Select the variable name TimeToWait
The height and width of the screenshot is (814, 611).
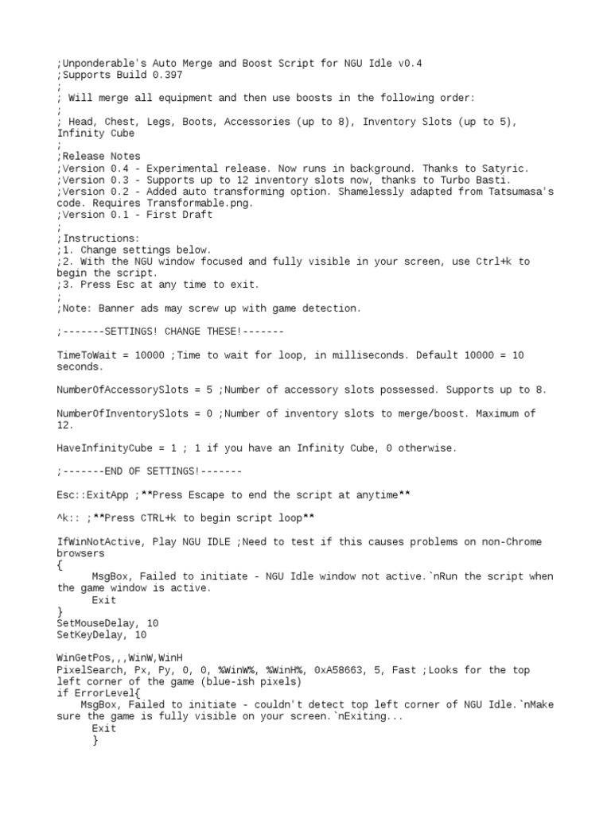pos(86,355)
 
